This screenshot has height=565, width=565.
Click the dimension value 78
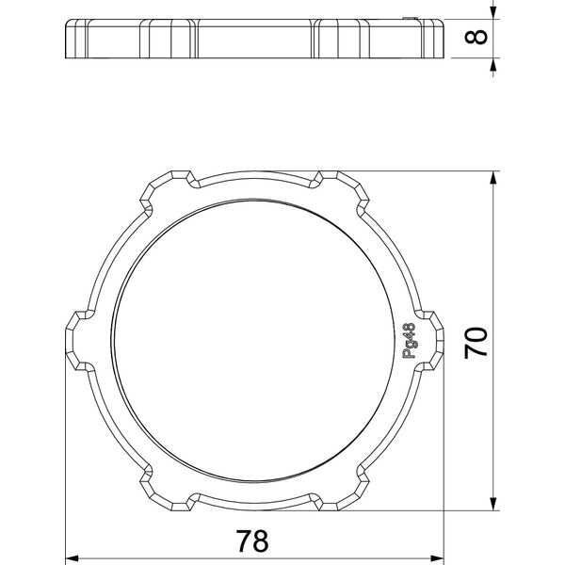click(x=251, y=541)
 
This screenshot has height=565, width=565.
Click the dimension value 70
click(x=476, y=343)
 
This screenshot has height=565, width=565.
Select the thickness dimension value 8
click(x=476, y=37)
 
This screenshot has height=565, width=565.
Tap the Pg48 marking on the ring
click(x=409, y=341)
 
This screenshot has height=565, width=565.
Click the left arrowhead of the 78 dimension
click(x=72, y=558)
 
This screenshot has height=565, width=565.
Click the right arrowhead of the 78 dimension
click(x=438, y=558)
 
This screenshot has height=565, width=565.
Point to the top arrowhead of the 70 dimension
click(x=493, y=178)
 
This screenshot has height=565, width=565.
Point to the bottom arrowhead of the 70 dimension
click(x=493, y=504)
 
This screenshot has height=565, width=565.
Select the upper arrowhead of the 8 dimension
click(x=493, y=13)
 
